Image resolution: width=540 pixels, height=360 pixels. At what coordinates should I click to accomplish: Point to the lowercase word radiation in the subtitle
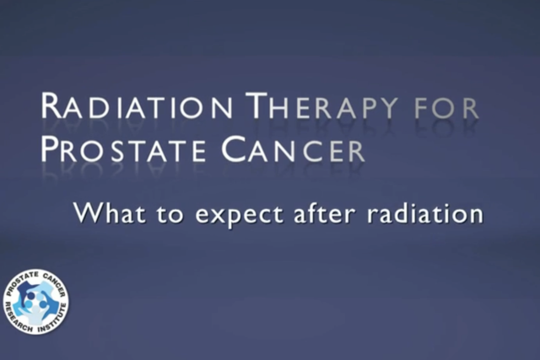tap(421, 212)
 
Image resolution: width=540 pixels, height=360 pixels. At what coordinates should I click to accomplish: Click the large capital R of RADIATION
tap(52, 107)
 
